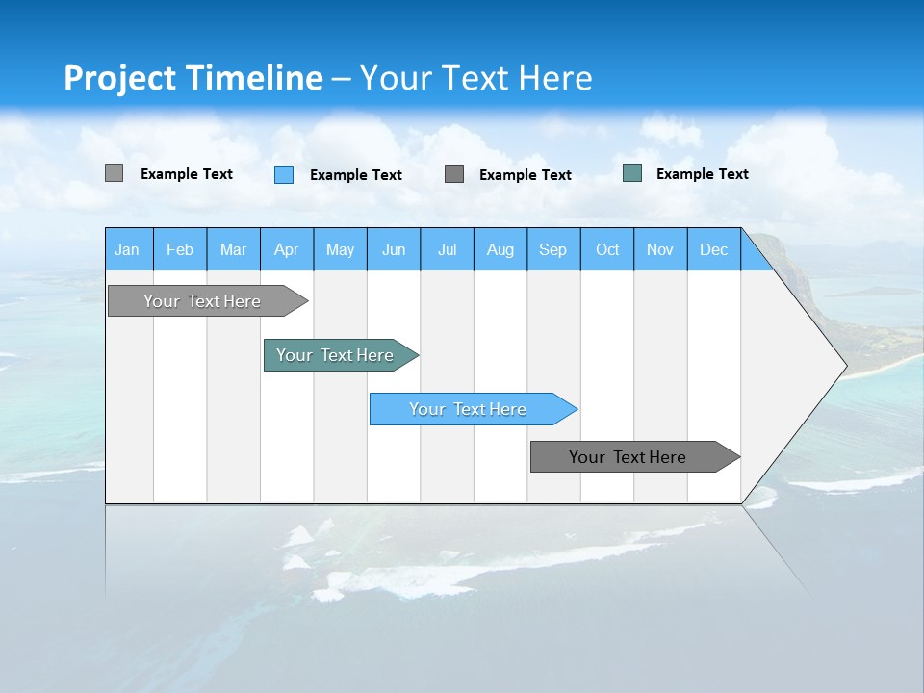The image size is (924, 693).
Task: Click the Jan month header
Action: click(x=128, y=249)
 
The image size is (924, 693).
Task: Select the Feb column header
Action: click(x=180, y=249)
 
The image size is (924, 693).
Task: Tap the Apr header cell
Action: click(x=287, y=249)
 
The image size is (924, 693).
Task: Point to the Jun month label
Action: click(x=394, y=249)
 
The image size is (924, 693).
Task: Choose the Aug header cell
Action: click(x=500, y=249)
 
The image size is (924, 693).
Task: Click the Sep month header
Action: click(x=553, y=249)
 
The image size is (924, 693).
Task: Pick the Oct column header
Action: click(x=607, y=249)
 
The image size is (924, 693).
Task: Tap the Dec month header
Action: click(x=714, y=249)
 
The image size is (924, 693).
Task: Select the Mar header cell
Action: click(x=234, y=249)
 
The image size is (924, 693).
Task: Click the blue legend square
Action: click(x=284, y=174)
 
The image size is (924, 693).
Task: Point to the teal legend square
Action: click(x=632, y=173)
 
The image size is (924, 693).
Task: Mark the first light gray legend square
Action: click(x=115, y=173)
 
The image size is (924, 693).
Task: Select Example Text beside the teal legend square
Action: click(x=703, y=174)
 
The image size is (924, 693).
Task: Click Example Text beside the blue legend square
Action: click(x=356, y=175)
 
